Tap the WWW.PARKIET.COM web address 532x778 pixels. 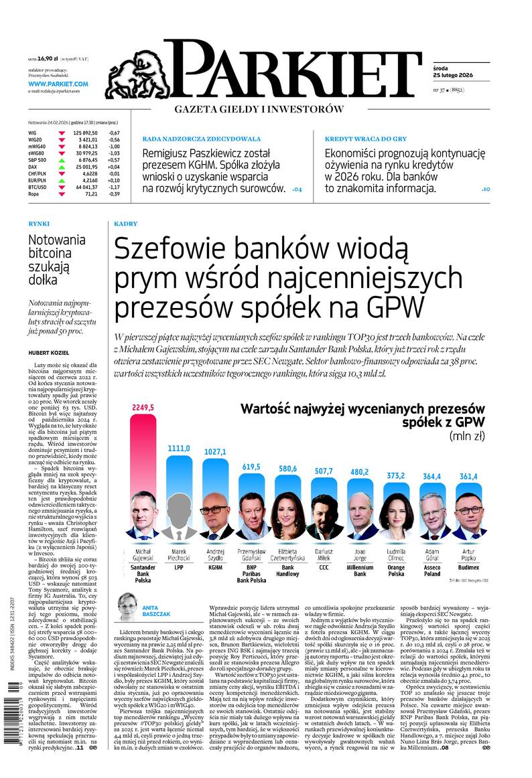[x=58, y=84]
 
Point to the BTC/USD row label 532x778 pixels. [x=38, y=187]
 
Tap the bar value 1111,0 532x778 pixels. [x=179, y=448]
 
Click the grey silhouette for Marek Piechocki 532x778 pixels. [x=178, y=516]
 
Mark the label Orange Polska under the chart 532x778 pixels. [x=397, y=570]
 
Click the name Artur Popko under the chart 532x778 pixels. [x=469, y=555]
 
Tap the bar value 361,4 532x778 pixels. [x=468, y=476]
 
